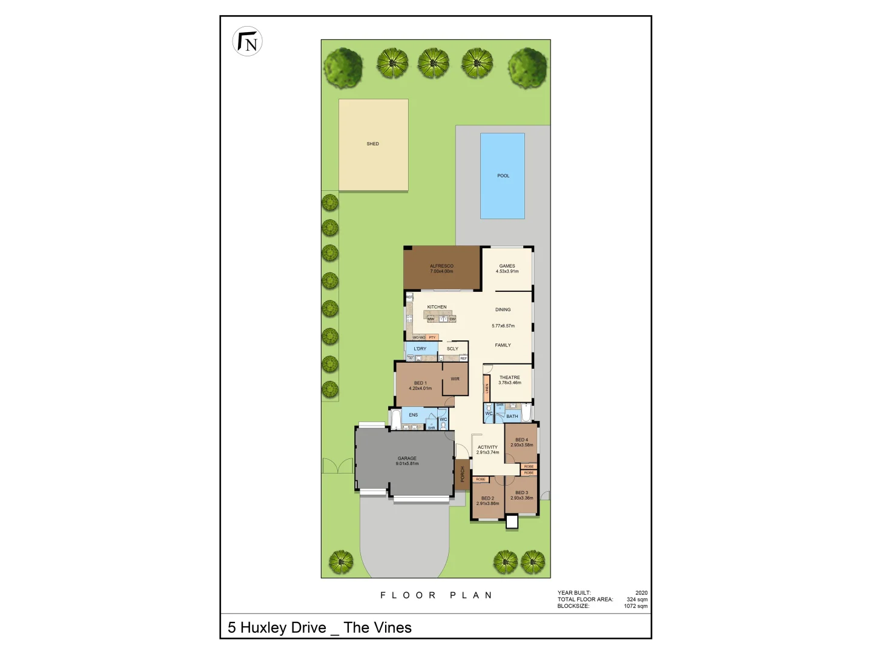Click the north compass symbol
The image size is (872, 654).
(x=247, y=42)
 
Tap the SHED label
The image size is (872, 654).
(x=372, y=144)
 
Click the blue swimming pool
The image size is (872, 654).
(x=503, y=176)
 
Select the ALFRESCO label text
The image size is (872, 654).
(x=441, y=266)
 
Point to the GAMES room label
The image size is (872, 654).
(x=507, y=266)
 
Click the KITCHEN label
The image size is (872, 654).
(x=437, y=307)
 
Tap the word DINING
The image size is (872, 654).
(x=503, y=309)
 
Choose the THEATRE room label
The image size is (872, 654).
(x=509, y=377)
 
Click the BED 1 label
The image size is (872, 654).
(x=420, y=383)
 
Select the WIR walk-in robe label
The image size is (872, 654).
(x=455, y=379)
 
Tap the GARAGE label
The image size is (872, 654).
(x=407, y=458)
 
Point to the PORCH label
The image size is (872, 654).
(x=463, y=474)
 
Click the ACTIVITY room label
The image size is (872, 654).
(x=487, y=448)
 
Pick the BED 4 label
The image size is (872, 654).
(x=521, y=440)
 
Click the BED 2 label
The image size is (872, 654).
(x=487, y=498)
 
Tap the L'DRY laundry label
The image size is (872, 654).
(x=420, y=349)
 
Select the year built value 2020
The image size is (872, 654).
(x=641, y=593)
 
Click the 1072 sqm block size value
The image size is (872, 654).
(x=635, y=606)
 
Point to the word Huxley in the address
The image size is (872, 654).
(x=283, y=628)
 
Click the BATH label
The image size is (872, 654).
(x=512, y=417)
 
